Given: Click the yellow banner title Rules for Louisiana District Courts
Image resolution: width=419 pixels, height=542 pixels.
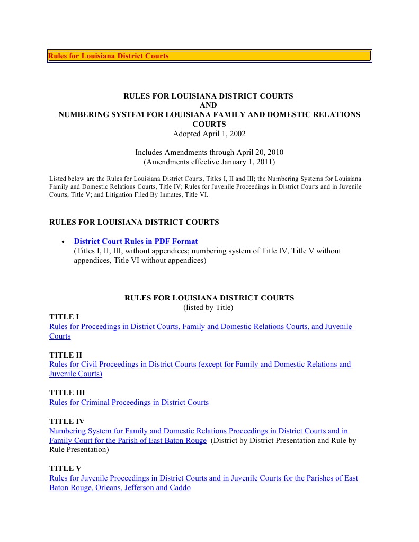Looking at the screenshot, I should tap(109, 56).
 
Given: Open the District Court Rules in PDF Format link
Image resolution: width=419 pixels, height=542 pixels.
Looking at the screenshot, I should tap(136, 241).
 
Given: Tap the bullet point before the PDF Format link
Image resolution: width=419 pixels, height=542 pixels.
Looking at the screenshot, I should tap(63, 242).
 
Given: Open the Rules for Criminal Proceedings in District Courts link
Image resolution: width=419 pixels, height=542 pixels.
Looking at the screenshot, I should tap(129, 402).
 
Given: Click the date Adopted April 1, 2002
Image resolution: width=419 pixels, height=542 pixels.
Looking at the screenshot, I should tap(209, 134).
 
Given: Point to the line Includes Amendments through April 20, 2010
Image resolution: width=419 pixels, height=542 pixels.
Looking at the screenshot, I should tap(209, 152).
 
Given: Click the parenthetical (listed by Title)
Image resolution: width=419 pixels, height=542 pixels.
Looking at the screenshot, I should tap(208, 307).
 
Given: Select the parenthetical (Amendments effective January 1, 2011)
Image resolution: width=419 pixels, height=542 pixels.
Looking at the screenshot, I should tap(209, 162).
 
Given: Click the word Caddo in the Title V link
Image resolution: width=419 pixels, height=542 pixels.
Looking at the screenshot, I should tap(180, 487).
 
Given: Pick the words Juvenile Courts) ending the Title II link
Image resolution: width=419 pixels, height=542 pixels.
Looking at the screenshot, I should tap(76, 374).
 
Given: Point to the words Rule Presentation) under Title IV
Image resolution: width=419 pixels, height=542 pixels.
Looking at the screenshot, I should tap(79, 450).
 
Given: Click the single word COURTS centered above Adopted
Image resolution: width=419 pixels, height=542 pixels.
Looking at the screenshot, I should tap(209, 124).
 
